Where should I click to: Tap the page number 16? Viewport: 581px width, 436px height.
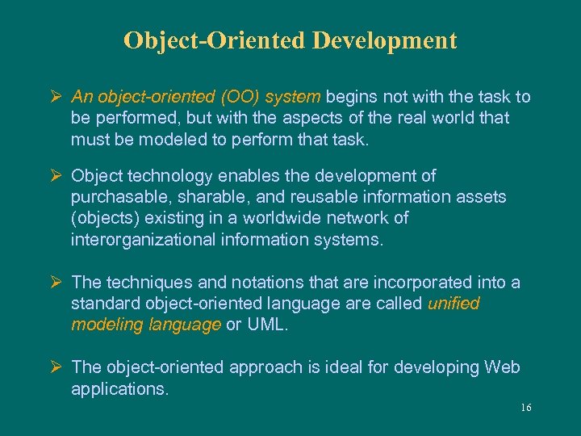click(525, 408)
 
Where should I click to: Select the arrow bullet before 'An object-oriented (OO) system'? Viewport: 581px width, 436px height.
click(56, 97)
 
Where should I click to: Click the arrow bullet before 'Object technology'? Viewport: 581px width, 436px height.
click(56, 176)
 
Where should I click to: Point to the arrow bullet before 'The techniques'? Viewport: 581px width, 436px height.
click(56, 283)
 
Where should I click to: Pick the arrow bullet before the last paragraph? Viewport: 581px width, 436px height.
click(56, 367)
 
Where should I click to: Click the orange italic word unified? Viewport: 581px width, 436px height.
click(454, 304)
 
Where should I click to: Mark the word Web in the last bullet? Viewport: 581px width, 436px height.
click(502, 367)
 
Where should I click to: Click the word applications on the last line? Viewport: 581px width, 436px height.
click(119, 388)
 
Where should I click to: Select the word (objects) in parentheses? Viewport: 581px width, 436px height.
click(102, 218)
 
